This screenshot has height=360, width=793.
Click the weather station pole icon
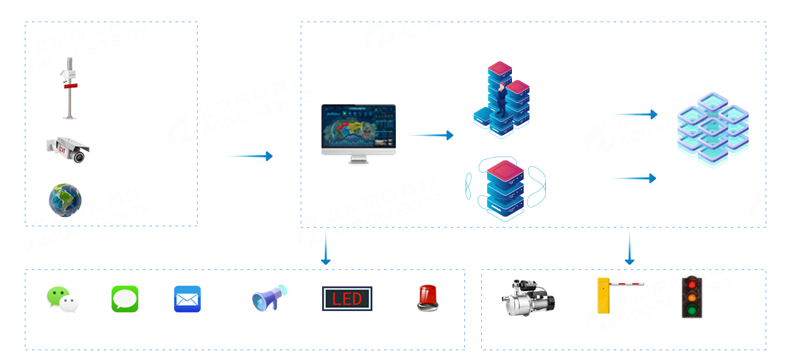tap(68, 89)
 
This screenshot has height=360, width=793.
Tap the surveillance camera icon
tap(67, 149)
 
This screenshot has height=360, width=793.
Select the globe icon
tap(65, 200)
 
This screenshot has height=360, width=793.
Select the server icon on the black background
tap(505, 188)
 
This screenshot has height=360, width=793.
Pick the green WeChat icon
tap(63, 300)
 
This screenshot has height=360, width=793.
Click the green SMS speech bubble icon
tap(125, 299)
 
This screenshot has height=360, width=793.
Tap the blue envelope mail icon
tap(187, 299)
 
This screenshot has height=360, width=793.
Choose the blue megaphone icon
tap(269, 298)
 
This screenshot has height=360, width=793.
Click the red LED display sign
tap(346, 299)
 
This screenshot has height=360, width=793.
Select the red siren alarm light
tap(428, 297)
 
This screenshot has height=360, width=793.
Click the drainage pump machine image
tap(528, 297)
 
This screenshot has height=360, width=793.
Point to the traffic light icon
tap(691, 297)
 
